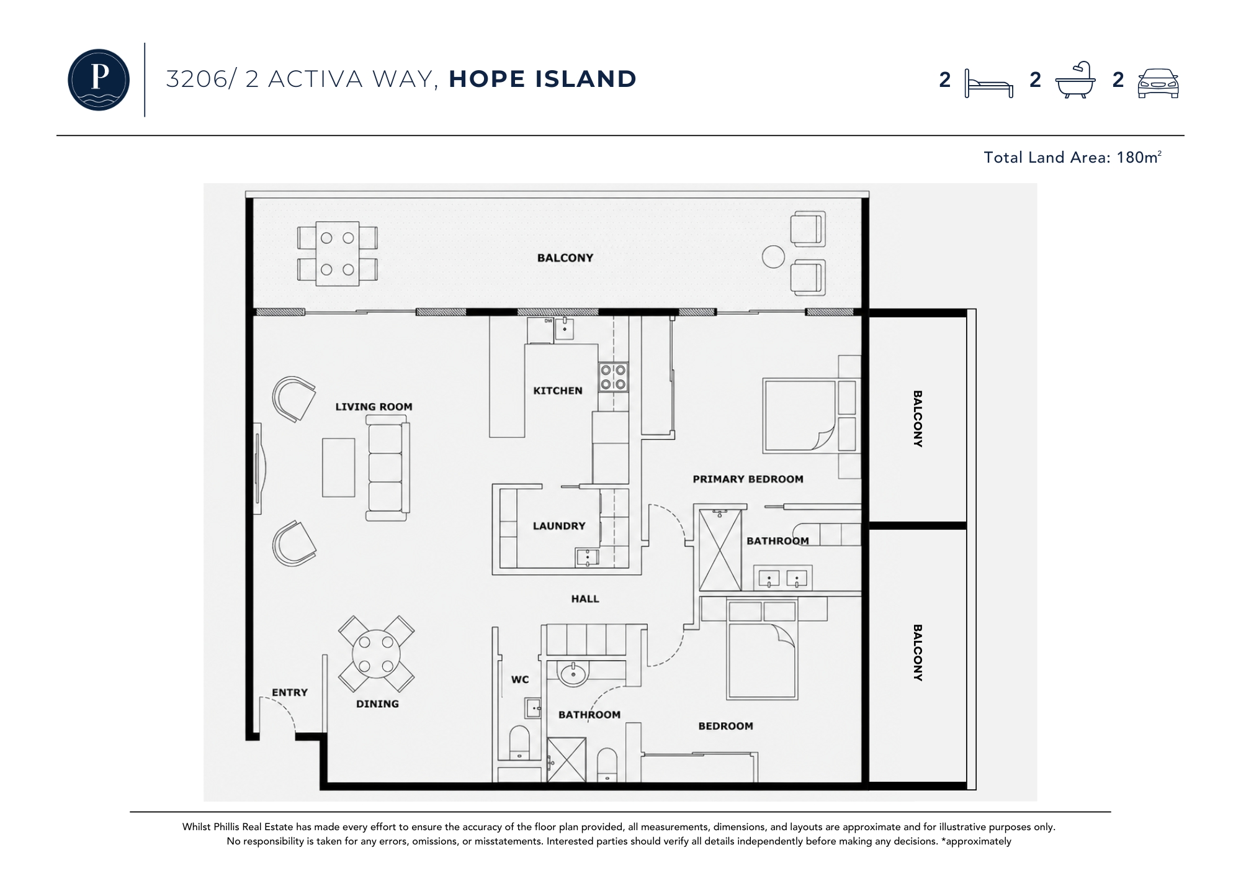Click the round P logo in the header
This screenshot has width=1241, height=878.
pyautogui.click(x=99, y=79)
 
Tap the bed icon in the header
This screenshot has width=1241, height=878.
pyautogui.click(x=989, y=83)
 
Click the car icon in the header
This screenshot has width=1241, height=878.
pyautogui.click(x=1158, y=83)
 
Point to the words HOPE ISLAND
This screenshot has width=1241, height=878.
pyautogui.click(x=542, y=79)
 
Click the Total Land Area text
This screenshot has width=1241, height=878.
pyautogui.click(x=1072, y=157)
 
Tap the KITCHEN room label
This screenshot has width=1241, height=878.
pyautogui.click(x=558, y=391)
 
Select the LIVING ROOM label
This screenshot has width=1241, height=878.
pyautogui.click(x=374, y=407)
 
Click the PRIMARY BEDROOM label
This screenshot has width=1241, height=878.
pyautogui.click(x=748, y=479)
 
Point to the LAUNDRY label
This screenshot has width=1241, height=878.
pyautogui.click(x=559, y=526)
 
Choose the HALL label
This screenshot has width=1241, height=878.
pyautogui.click(x=585, y=599)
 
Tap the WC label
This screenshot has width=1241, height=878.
pyautogui.click(x=520, y=679)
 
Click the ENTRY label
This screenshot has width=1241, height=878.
pyautogui.click(x=290, y=692)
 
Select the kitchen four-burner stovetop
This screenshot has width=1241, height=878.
pyautogui.click(x=613, y=378)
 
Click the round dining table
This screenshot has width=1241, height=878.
pyautogui.click(x=376, y=654)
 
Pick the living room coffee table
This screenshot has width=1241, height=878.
pyautogui.click(x=339, y=468)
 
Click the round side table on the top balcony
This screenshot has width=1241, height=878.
pyautogui.click(x=773, y=257)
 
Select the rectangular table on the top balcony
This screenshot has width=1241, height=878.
pyautogui.click(x=338, y=254)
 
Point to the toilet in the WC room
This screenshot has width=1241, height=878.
pyautogui.click(x=518, y=742)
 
